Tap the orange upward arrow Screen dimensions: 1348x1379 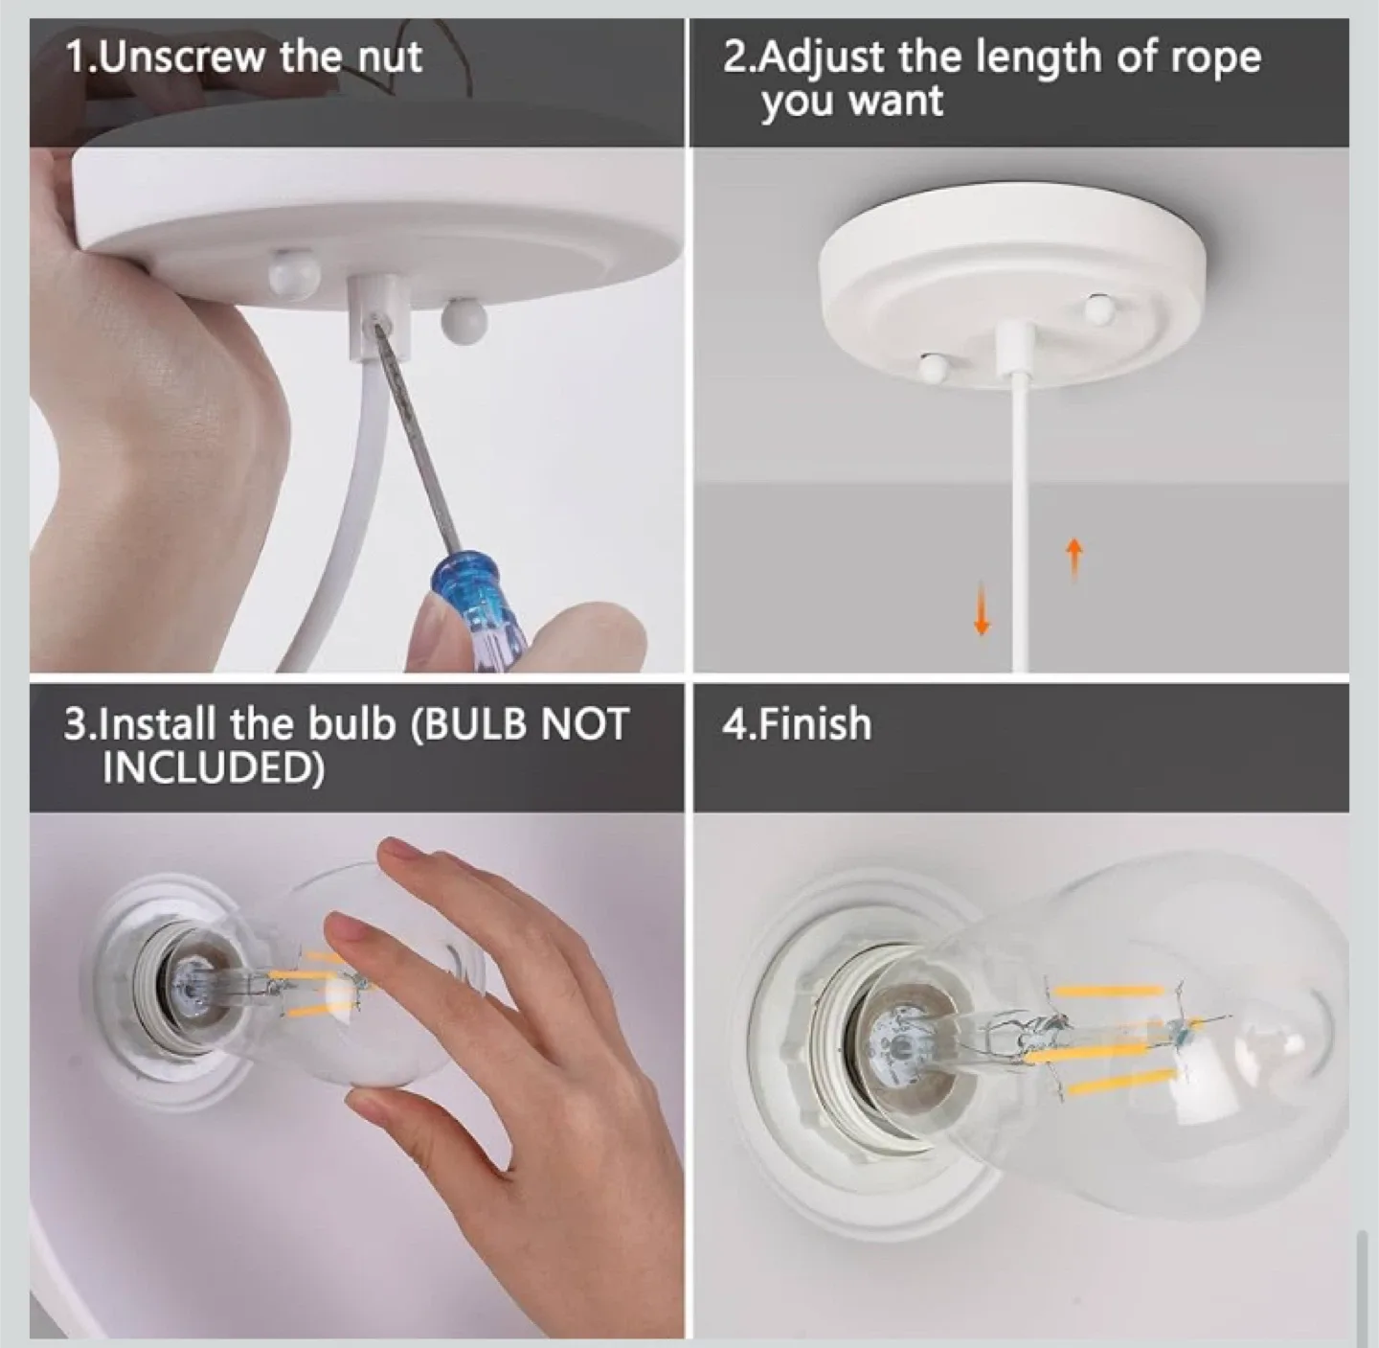(1074, 558)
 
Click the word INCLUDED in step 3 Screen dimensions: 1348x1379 (213, 767)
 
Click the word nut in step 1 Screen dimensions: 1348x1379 (390, 57)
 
